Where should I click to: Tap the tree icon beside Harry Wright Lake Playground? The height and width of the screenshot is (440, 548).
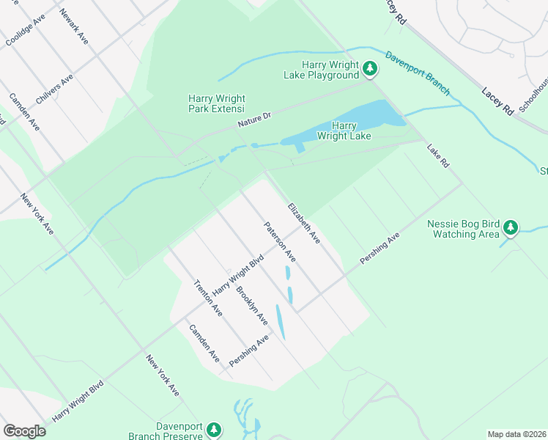tap(371, 70)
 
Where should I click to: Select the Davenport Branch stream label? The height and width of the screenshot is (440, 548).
tap(418, 73)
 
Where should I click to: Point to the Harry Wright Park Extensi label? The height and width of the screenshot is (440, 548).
tap(217, 103)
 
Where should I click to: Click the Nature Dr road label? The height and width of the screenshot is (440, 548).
tap(254, 120)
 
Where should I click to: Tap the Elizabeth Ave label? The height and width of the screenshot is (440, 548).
tap(304, 223)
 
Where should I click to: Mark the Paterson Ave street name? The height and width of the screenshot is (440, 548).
tap(280, 242)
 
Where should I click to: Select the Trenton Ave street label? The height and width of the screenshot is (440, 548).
tap(207, 298)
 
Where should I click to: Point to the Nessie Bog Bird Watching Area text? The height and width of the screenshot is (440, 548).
tap(464, 229)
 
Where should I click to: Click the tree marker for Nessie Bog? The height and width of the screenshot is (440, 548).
tap(511, 230)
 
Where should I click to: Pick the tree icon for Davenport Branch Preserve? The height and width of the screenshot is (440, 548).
tap(213, 429)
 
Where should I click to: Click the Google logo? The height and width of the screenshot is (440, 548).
tap(24, 431)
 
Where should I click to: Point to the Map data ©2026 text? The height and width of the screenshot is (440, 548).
tap(516, 434)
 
